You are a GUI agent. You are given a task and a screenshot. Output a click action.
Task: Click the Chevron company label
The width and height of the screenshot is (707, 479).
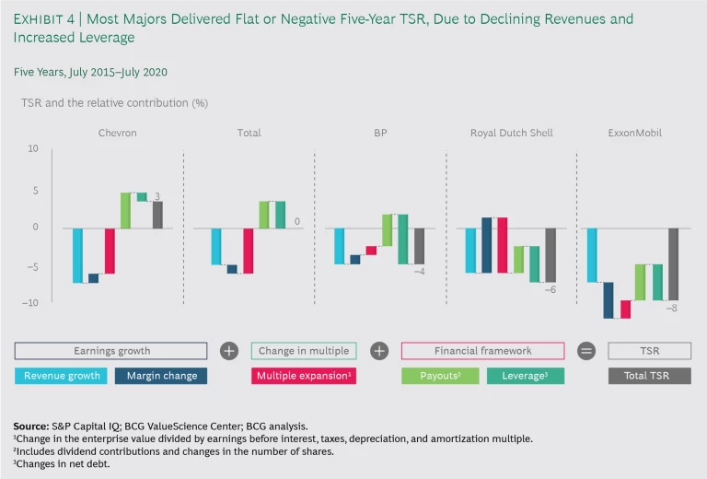coord(117,133)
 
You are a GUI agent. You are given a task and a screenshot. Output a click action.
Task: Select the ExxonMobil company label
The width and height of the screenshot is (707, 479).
coord(634,133)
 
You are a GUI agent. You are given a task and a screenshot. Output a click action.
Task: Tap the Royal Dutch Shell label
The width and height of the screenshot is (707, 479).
coord(511,133)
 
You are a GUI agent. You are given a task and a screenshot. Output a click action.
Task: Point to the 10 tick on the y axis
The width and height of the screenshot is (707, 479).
coord(33,148)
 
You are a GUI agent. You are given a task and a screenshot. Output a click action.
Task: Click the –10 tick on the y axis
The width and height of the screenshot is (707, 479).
coord(31,302)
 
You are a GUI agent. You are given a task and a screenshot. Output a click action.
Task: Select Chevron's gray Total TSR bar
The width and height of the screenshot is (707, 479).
coord(157,215)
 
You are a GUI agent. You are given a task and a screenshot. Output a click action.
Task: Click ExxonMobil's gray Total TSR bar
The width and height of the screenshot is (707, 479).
coord(673,263)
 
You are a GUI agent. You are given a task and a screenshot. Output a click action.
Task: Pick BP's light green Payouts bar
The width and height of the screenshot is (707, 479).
coord(388,230)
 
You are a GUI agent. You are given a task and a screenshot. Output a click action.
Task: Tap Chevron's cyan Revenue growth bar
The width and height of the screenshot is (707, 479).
coord(77,255)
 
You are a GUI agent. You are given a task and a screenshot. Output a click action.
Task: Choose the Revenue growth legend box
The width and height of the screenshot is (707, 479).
coord(62,376)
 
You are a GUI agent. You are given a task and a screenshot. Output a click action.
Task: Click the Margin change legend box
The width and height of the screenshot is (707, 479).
coord(161,376)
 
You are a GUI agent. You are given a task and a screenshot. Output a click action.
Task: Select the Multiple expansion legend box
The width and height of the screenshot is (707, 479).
coord(303,376)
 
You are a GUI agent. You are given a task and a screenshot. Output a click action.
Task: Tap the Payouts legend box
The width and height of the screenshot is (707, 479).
coord(440,376)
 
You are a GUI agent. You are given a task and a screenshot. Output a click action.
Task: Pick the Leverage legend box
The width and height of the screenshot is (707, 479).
coord(526,376)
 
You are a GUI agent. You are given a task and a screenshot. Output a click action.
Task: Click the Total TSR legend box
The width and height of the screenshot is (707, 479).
coord(649,376)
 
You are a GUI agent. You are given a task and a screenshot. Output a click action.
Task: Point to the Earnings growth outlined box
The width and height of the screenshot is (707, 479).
coord(111,351)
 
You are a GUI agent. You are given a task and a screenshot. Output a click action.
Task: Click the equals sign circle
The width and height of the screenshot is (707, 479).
coord(585,351)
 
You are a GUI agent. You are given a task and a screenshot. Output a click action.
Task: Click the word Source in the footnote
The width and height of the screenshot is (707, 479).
coord(31,426)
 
